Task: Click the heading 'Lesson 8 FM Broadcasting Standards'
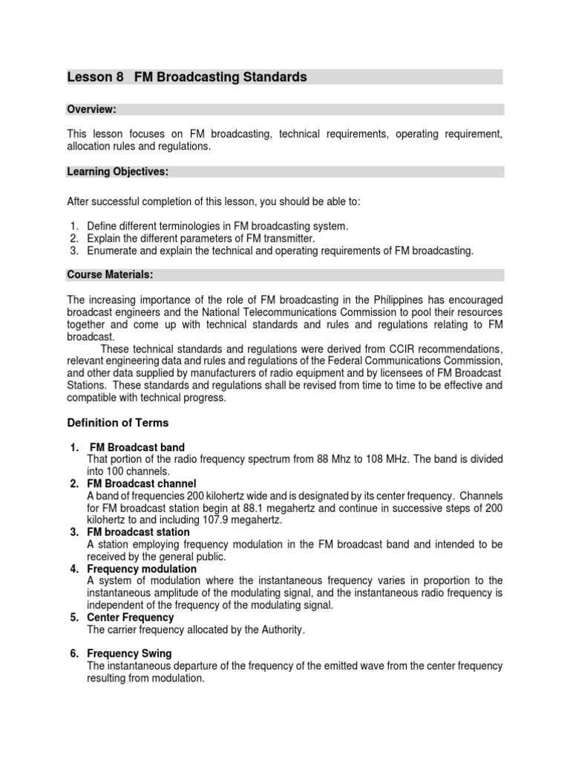click(x=187, y=77)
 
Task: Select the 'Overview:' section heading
click(x=91, y=109)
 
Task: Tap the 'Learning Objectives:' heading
click(x=118, y=172)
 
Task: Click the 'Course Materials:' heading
click(x=110, y=275)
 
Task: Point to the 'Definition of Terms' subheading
click(x=118, y=423)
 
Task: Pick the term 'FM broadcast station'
click(x=138, y=532)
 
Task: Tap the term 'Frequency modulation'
click(x=142, y=569)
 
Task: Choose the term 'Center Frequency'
click(x=130, y=617)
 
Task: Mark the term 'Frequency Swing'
click(x=129, y=653)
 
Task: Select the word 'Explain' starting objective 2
click(x=105, y=239)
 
